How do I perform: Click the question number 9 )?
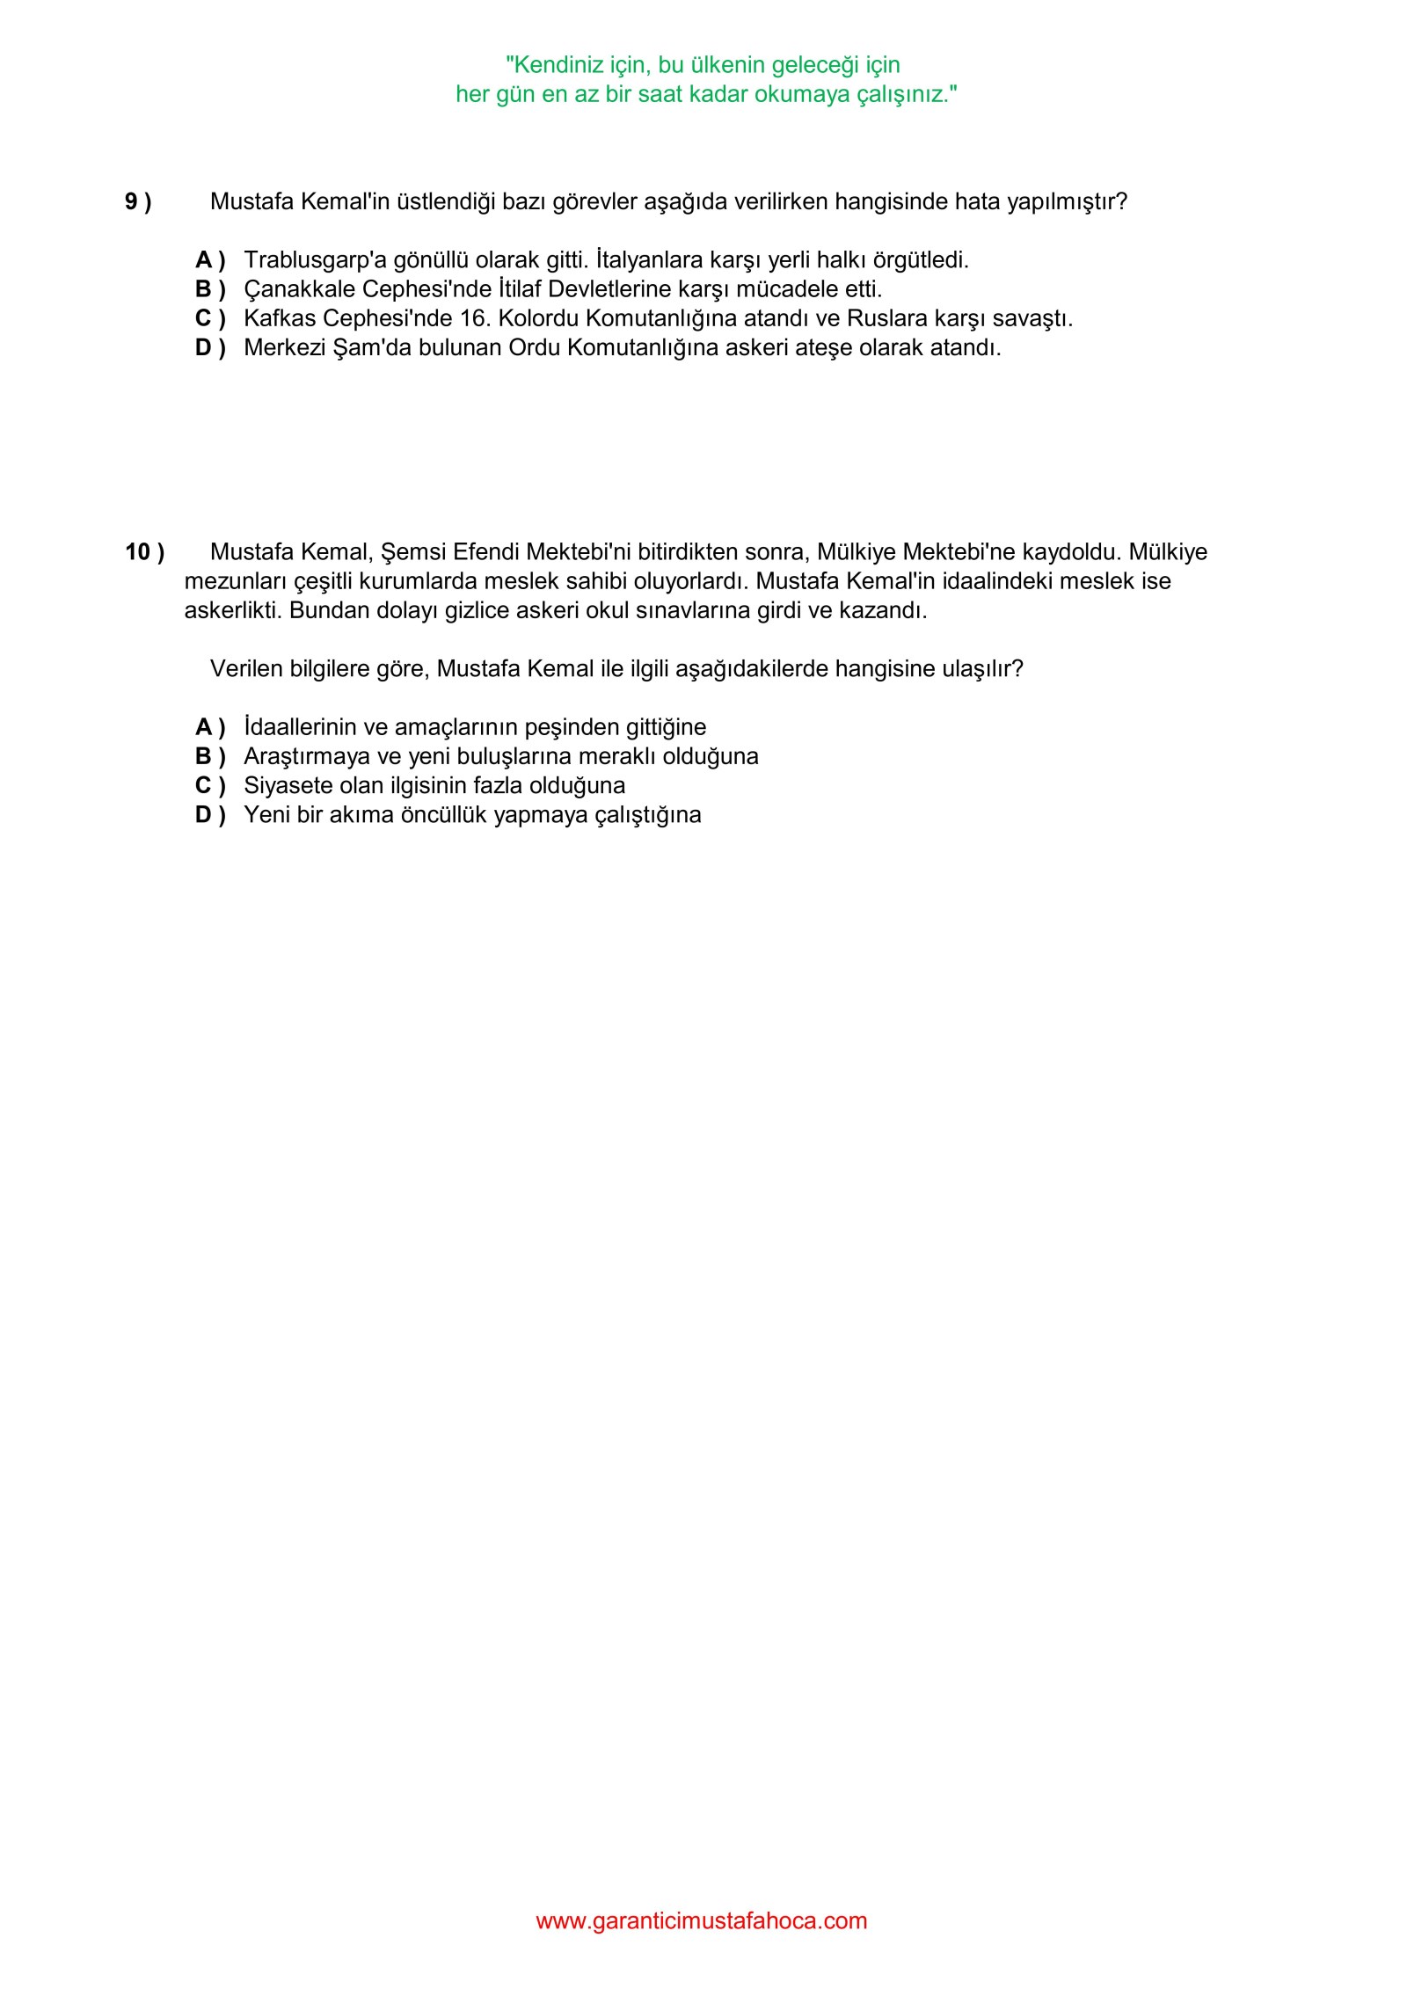point(138,202)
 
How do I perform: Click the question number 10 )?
point(144,552)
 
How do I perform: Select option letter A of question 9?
point(210,260)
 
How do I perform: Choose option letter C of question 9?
point(210,318)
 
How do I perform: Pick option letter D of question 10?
point(210,815)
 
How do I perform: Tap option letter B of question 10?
point(210,756)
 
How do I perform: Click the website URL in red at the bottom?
point(702,1920)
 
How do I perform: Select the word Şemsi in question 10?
point(413,552)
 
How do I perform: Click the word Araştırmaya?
point(307,756)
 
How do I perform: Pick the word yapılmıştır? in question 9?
point(1067,202)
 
